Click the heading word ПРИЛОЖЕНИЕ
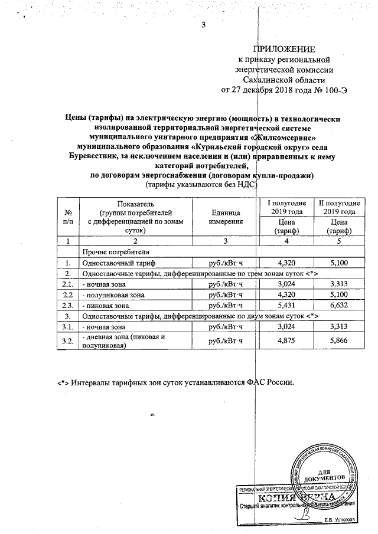pos(284,48)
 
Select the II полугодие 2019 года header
pos(337,208)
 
